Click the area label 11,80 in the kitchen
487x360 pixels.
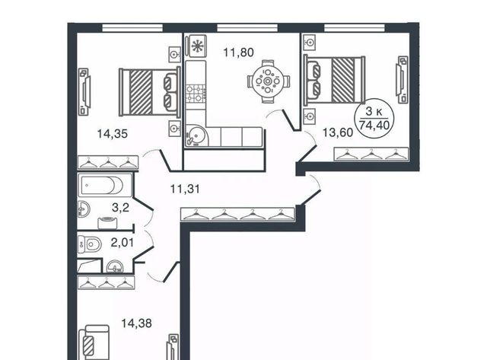(238, 53)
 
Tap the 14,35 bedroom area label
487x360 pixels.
(113, 134)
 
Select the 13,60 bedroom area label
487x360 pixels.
(338, 132)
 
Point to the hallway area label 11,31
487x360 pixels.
(185, 189)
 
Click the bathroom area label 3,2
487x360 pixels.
(120, 207)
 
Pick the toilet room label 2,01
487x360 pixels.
(123, 242)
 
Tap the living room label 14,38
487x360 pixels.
(136, 323)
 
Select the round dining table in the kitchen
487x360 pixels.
(268, 81)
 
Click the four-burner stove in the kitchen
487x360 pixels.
(196, 94)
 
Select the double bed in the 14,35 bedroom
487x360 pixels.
(150, 92)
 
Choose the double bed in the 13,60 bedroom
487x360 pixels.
(334, 80)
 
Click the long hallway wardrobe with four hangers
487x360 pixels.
(237, 215)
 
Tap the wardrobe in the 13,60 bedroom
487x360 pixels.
(371, 154)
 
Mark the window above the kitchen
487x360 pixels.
(247, 28)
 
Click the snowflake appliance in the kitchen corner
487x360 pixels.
(196, 46)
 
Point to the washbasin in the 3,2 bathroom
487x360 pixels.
(84, 209)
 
